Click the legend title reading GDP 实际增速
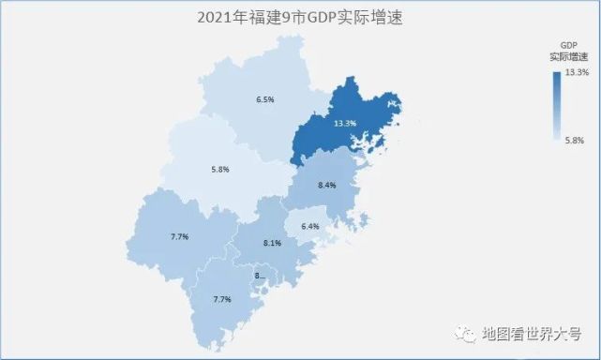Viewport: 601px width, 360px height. (567, 51)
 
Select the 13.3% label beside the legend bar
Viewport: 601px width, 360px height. (577, 72)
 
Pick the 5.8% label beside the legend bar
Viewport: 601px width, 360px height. (576, 140)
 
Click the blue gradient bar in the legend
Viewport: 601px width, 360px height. (557, 105)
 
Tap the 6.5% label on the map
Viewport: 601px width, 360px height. (265, 99)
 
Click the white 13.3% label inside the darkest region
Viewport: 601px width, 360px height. (345, 124)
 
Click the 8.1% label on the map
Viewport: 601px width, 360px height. (273, 244)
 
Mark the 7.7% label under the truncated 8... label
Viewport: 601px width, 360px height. (222, 299)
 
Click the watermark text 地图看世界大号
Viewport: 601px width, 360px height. (535, 333)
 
